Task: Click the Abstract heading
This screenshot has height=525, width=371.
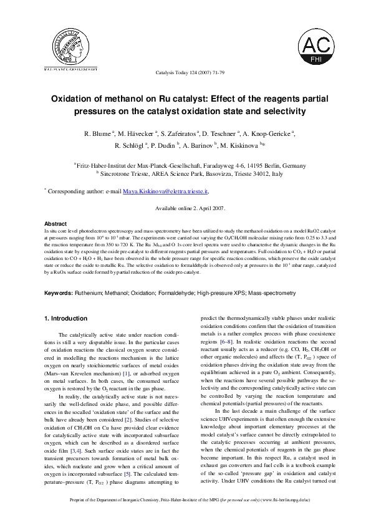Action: tap(55, 223)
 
